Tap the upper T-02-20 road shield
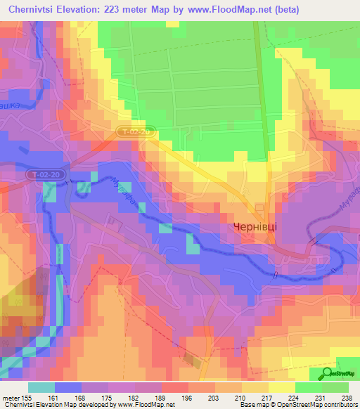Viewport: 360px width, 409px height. (x=134, y=131)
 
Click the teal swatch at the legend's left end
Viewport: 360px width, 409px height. (x=41, y=387)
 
